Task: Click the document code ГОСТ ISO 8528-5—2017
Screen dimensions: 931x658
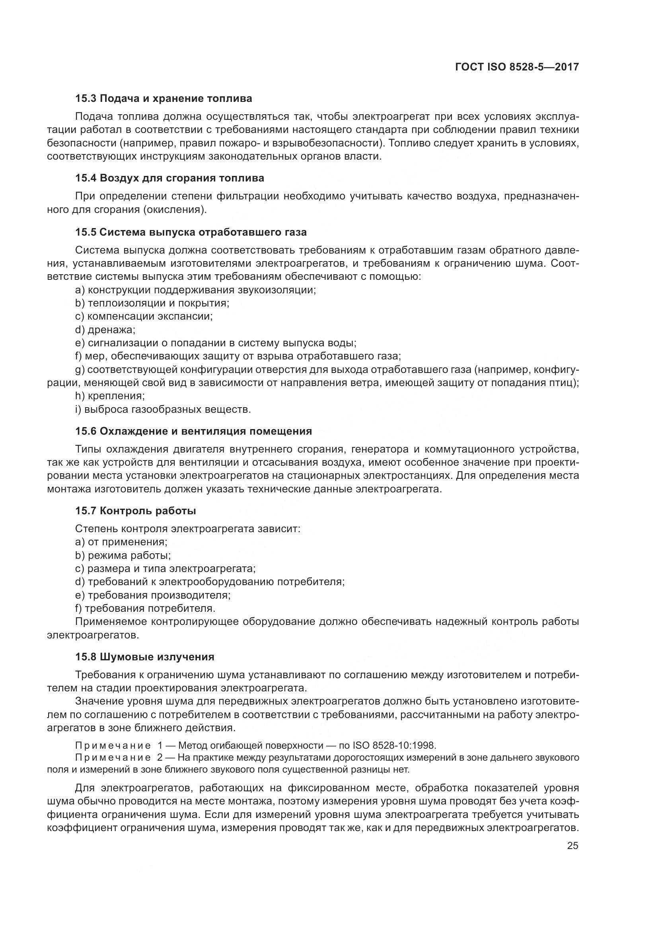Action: (x=517, y=67)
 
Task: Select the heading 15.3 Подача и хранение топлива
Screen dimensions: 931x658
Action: (x=163, y=99)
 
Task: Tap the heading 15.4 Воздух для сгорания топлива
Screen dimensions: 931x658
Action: (x=169, y=178)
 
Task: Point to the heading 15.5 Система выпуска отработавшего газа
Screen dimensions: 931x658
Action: (x=191, y=232)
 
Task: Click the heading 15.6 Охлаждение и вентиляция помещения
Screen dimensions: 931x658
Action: (x=193, y=431)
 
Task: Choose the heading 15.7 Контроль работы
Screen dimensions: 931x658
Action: (x=135, y=511)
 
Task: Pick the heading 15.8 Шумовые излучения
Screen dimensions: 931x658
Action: (x=145, y=657)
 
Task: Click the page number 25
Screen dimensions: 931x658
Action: (x=572, y=846)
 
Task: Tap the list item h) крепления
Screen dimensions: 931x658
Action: (x=110, y=396)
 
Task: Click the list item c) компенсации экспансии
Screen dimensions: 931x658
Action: (x=144, y=316)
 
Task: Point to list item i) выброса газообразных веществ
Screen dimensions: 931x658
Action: (x=163, y=409)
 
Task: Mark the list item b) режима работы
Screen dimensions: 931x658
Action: (x=123, y=556)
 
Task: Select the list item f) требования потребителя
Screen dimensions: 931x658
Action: (x=145, y=608)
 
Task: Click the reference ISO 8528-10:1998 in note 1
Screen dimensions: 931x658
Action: (x=394, y=745)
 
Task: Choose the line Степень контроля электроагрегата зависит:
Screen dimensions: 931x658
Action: (x=188, y=529)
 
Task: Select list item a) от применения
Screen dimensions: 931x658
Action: (x=121, y=542)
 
